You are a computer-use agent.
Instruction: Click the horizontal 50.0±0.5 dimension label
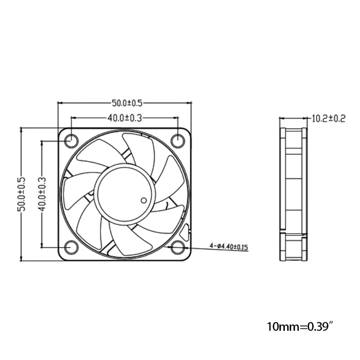coord(125,103)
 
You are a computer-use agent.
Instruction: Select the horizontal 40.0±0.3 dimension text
coord(125,118)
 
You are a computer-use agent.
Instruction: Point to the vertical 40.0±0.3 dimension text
coord(41,194)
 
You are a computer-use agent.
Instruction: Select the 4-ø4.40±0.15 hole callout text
coord(229,247)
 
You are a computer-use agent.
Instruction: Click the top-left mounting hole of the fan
coord(71,140)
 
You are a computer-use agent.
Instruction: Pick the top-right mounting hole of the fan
coord(178,140)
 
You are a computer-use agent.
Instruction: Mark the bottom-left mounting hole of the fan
coord(71,247)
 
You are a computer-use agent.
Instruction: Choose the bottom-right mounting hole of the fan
coord(178,247)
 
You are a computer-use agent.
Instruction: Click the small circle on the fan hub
coord(144,200)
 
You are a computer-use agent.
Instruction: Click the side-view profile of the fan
coord(293,194)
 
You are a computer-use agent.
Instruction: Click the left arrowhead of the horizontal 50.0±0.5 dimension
coord(60,103)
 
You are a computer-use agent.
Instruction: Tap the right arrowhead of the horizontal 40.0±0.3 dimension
coord(176,118)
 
